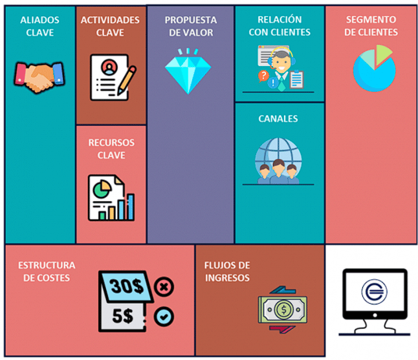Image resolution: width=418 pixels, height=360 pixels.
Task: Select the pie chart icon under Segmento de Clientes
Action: [x=374, y=67]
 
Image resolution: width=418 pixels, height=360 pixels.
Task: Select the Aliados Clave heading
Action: [x=39, y=26]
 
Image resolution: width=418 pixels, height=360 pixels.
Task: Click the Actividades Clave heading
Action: [x=110, y=26]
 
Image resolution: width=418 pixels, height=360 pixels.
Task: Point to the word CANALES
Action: [x=278, y=119]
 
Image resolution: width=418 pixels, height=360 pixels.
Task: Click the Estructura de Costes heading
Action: [x=47, y=271]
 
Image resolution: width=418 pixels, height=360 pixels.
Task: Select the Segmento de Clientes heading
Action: [x=371, y=26]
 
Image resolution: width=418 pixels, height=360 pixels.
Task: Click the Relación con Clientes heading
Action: [x=279, y=26]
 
